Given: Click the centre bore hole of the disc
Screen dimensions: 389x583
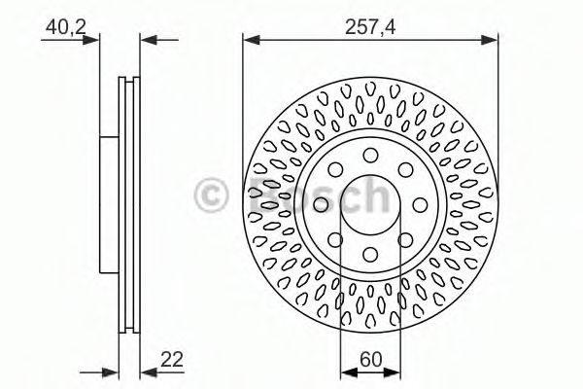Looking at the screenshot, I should (x=370, y=203).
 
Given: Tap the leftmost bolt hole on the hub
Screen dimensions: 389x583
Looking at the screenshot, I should (x=321, y=203).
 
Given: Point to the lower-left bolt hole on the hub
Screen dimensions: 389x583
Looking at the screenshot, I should (x=335, y=238).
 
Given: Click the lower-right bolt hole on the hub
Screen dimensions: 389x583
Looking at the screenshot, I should (x=405, y=238).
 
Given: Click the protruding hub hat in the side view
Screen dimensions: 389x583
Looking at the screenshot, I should (x=108, y=203).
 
